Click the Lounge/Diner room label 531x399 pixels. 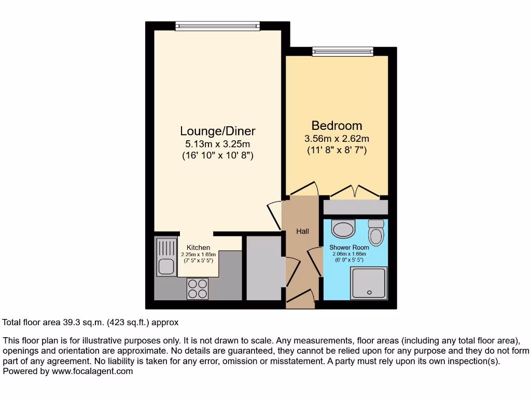click(218, 131)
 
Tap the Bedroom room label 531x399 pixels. click(337, 126)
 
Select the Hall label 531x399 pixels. click(302, 231)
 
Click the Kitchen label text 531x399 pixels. click(198, 248)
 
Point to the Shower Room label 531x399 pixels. click(349, 247)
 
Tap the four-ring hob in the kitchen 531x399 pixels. click(198, 289)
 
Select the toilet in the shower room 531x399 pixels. click(376, 232)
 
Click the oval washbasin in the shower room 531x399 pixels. click(343, 228)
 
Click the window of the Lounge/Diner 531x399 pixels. click(217, 25)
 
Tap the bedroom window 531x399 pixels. click(342, 51)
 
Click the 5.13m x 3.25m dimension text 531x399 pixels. click(218, 144)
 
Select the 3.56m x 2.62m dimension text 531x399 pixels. click(337, 139)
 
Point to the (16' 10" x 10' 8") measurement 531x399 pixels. click(218, 155)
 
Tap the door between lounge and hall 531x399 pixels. click(274, 214)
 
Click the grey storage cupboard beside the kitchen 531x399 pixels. click(264, 268)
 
